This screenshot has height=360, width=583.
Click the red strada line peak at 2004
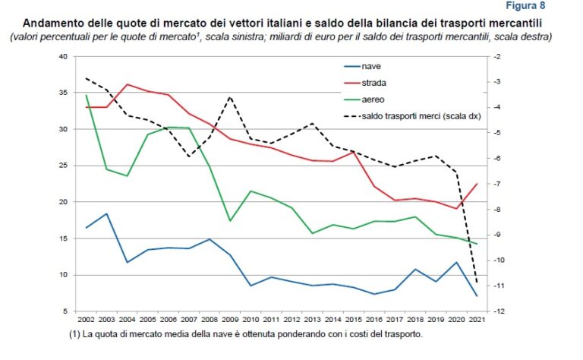click(x=128, y=84)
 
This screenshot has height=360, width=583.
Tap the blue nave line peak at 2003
click(x=106, y=213)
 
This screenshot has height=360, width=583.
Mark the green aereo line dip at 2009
click(x=230, y=221)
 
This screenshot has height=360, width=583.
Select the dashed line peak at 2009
click(x=230, y=96)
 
